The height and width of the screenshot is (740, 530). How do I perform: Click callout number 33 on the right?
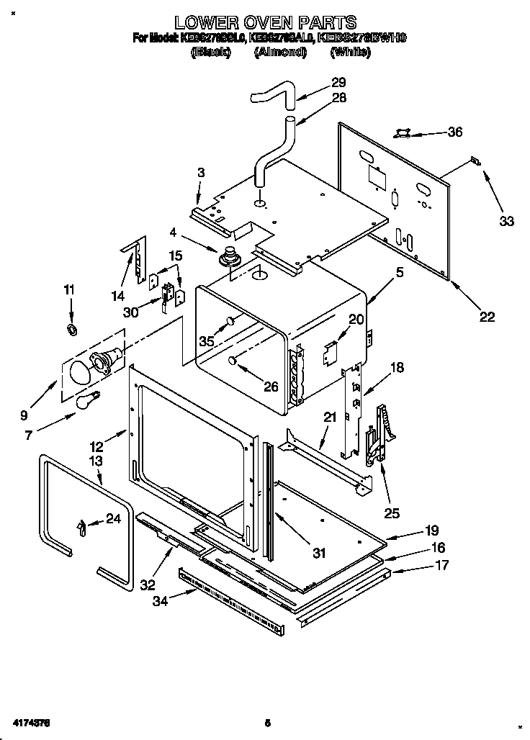tap(506, 221)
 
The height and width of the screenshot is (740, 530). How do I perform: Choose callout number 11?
tap(68, 290)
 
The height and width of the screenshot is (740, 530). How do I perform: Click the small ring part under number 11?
tap(72, 330)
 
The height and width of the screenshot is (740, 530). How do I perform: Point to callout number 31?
tap(319, 553)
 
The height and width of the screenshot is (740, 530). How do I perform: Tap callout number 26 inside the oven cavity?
tap(270, 387)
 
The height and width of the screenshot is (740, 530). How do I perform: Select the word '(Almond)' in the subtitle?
tap(281, 53)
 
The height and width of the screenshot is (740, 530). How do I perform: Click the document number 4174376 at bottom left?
tap(30, 721)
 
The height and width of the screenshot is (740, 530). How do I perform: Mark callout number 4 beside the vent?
tap(173, 232)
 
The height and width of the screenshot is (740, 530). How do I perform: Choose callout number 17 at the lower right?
tap(441, 565)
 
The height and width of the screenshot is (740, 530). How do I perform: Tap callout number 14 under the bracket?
tap(117, 295)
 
